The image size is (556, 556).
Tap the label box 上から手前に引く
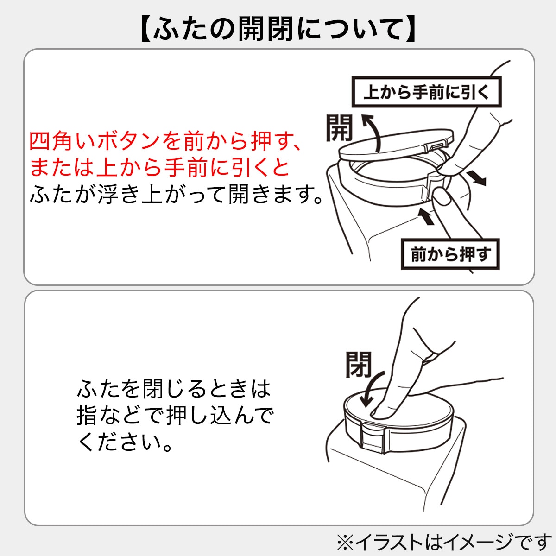pyautogui.click(x=426, y=92)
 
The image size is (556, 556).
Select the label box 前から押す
pyautogui.click(x=450, y=254)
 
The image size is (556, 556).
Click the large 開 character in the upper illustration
pyautogui.click(x=339, y=128)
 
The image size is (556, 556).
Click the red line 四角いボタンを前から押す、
pyautogui.click(x=166, y=141)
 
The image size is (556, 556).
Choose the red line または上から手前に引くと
pyautogui.click(x=160, y=167)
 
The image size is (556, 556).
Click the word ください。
pyautogui.click(x=125, y=442)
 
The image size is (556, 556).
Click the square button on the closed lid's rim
pyautogui.click(x=370, y=438)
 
